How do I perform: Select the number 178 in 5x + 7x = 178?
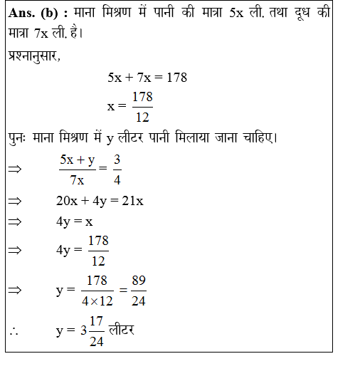tap(176, 78)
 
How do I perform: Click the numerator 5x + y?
tap(78, 160)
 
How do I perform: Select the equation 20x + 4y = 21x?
tap(100, 201)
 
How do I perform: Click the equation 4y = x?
tap(75, 221)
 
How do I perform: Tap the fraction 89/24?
tap(139, 291)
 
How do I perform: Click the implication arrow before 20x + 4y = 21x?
tap(14, 201)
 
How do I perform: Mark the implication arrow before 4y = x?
tap(14, 221)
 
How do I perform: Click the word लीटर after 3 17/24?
tap(122, 331)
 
